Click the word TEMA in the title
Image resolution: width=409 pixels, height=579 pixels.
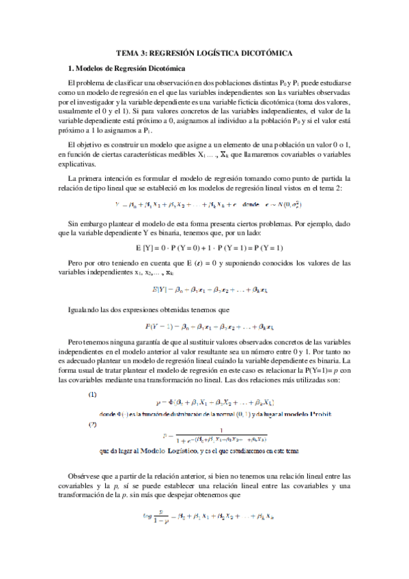[x=128, y=52]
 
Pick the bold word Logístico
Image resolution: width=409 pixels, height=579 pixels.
[x=190, y=451]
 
